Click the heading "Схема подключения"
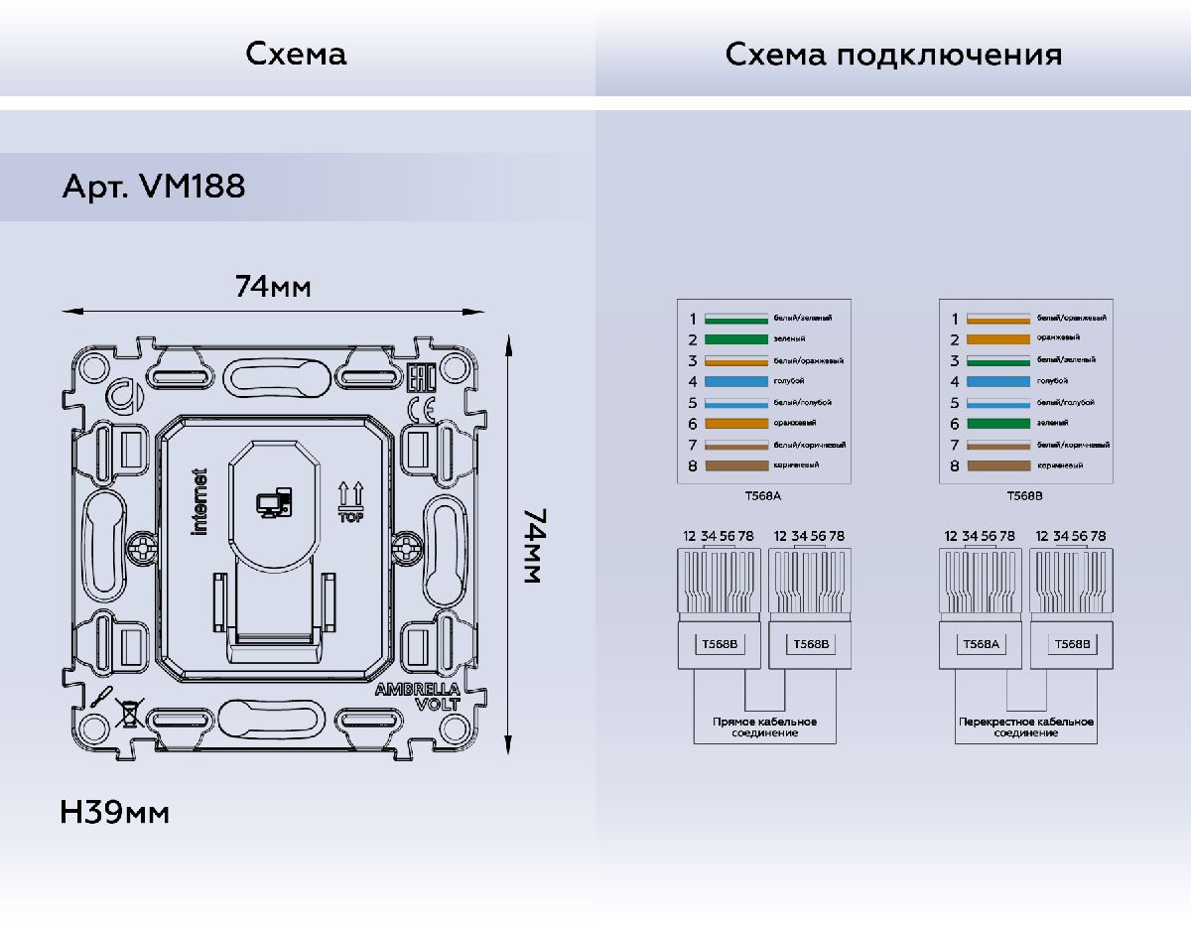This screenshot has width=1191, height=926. pos(893,54)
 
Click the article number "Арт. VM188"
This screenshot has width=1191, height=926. pos(154,186)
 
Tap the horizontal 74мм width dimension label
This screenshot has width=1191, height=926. pos(273,287)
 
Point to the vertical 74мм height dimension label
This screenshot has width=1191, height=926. pos(531,546)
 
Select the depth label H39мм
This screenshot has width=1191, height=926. pos(115,813)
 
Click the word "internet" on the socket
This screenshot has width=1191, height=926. pos(199,502)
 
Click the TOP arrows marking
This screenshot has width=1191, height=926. pos(351,502)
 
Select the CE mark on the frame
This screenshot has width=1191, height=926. pos(422,409)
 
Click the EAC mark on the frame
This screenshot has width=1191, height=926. pos(421,378)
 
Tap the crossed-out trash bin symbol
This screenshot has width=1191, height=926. pos(126,712)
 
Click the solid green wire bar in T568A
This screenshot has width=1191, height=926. pos(735,339)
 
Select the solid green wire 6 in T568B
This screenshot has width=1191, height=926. pos(998,424)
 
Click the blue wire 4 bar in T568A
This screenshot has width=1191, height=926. pos(735,381)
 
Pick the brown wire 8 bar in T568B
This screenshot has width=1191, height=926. pos(998,465)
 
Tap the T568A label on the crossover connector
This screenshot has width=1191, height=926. pos(980,644)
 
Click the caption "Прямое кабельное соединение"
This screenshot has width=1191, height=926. pos(764,727)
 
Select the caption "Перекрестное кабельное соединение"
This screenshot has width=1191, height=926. pos(1026,727)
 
